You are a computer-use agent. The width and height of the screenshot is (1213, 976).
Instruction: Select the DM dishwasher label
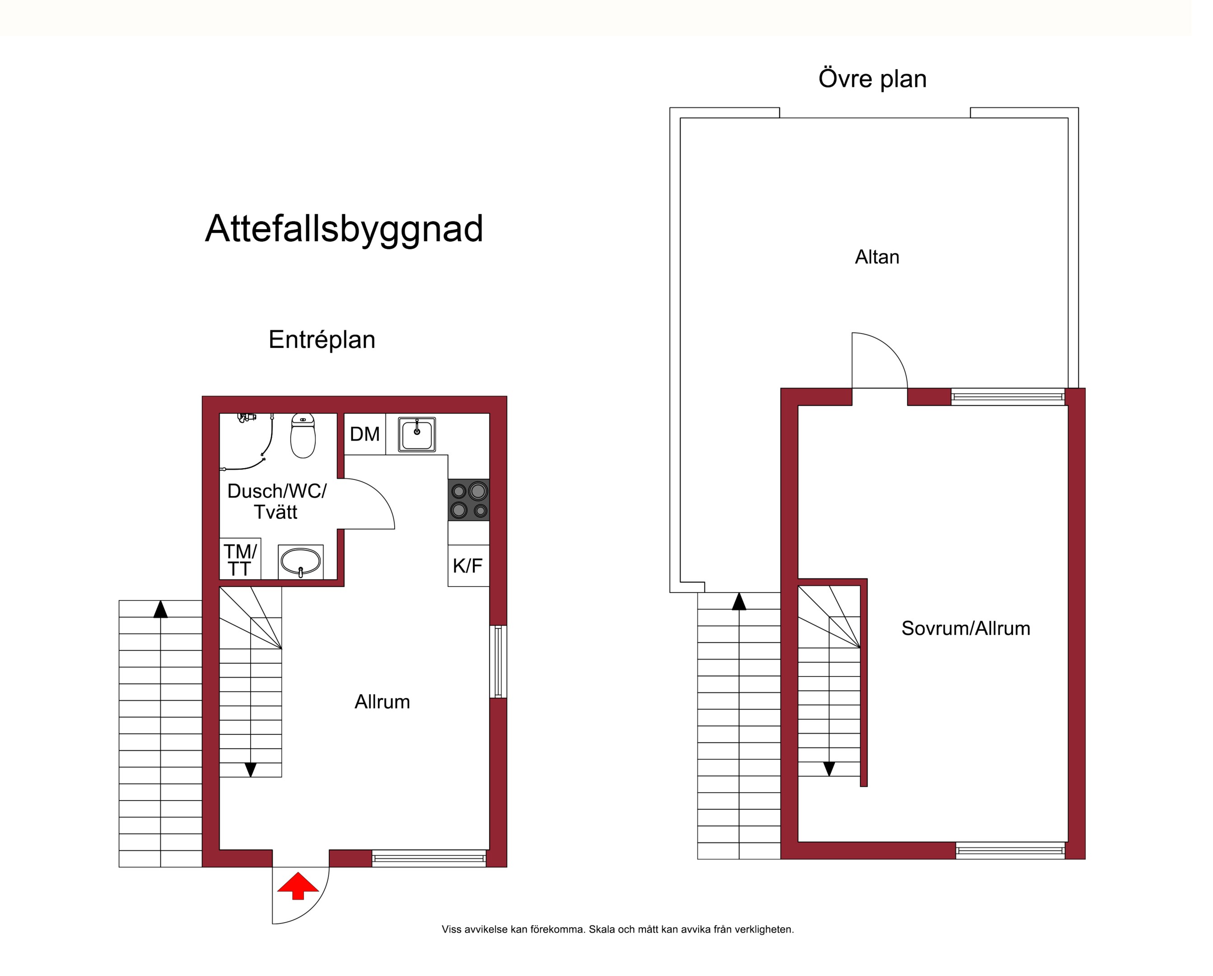pos(364,434)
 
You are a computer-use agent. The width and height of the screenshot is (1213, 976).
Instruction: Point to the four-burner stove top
pos(469,500)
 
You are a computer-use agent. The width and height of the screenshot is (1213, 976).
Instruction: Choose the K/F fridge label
pos(467,566)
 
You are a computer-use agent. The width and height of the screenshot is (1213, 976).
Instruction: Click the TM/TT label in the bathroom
pos(240,560)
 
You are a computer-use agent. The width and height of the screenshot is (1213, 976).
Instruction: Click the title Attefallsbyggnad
pos(344,229)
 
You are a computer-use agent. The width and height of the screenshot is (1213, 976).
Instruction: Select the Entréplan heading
pos(322,339)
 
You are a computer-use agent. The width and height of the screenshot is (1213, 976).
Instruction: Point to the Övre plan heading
pos(872,78)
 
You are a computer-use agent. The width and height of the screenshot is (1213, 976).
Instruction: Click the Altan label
pos(877,257)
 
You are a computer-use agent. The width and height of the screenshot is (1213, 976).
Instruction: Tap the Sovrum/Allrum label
pos(966,628)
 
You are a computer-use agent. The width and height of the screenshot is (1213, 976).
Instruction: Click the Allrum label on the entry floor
pos(382,702)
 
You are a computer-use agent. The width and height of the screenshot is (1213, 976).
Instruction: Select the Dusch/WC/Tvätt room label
pos(276,502)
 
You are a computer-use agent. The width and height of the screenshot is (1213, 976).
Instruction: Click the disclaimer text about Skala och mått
pos(618,929)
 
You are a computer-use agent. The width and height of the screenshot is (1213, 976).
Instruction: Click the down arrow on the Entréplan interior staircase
pos(250,770)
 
